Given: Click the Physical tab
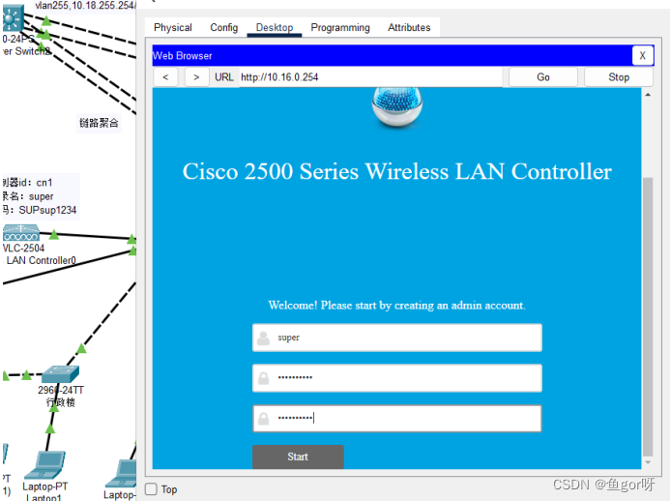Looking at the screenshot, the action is click(x=173, y=28).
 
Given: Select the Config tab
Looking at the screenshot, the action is click(x=224, y=28).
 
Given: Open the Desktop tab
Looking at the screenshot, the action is click(x=275, y=28).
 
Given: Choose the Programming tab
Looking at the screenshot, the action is click(x=339, y=28).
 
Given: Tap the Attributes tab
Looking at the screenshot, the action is click(x=409, y=28).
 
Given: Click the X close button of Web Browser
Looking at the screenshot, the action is click(x=642, y=56).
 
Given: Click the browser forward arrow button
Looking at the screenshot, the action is click(x=196, y=77).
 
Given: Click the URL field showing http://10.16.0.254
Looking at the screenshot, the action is click(x=367, y=77).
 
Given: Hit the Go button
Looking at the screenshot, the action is click(x=542, y=77).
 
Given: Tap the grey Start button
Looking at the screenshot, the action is click(x=298, y=457).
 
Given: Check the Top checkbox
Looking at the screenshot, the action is click(x=151, y=489).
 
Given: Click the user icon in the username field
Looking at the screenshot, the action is click(x=263, y=339).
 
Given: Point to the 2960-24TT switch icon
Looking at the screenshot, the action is click(x=60, y=372).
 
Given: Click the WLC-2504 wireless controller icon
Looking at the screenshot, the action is click(x=21, y=233).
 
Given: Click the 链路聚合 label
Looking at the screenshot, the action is click(x=100, y=123).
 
